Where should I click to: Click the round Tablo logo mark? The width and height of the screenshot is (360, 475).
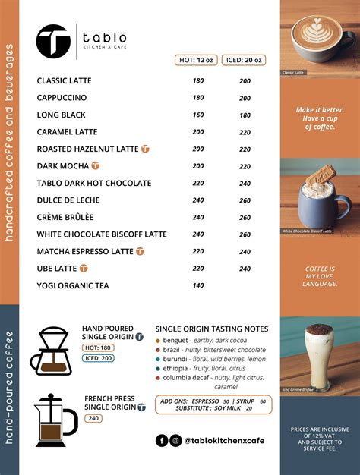pos(53,41)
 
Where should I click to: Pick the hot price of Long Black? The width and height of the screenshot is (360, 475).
pos(198,115)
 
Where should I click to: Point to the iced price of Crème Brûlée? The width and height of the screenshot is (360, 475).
pos(245,217)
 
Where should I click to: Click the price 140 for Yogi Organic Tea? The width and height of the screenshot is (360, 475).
pos(198,285)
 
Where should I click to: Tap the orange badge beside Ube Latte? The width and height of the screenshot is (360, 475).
pos(84,268)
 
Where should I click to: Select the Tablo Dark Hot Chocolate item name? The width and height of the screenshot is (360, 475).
pos(94,183)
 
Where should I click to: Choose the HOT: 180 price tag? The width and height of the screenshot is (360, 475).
pos(98,348)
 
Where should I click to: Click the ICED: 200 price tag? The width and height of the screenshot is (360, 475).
pos(99,358)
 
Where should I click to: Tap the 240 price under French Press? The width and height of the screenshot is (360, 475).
pos(93,418)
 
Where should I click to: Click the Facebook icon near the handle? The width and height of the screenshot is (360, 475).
pos(162,440)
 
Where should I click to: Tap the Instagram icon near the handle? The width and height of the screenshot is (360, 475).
pos(175,440)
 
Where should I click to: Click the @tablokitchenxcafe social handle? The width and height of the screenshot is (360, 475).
pos(224,440)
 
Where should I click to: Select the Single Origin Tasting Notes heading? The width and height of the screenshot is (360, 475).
pos(211,329)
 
